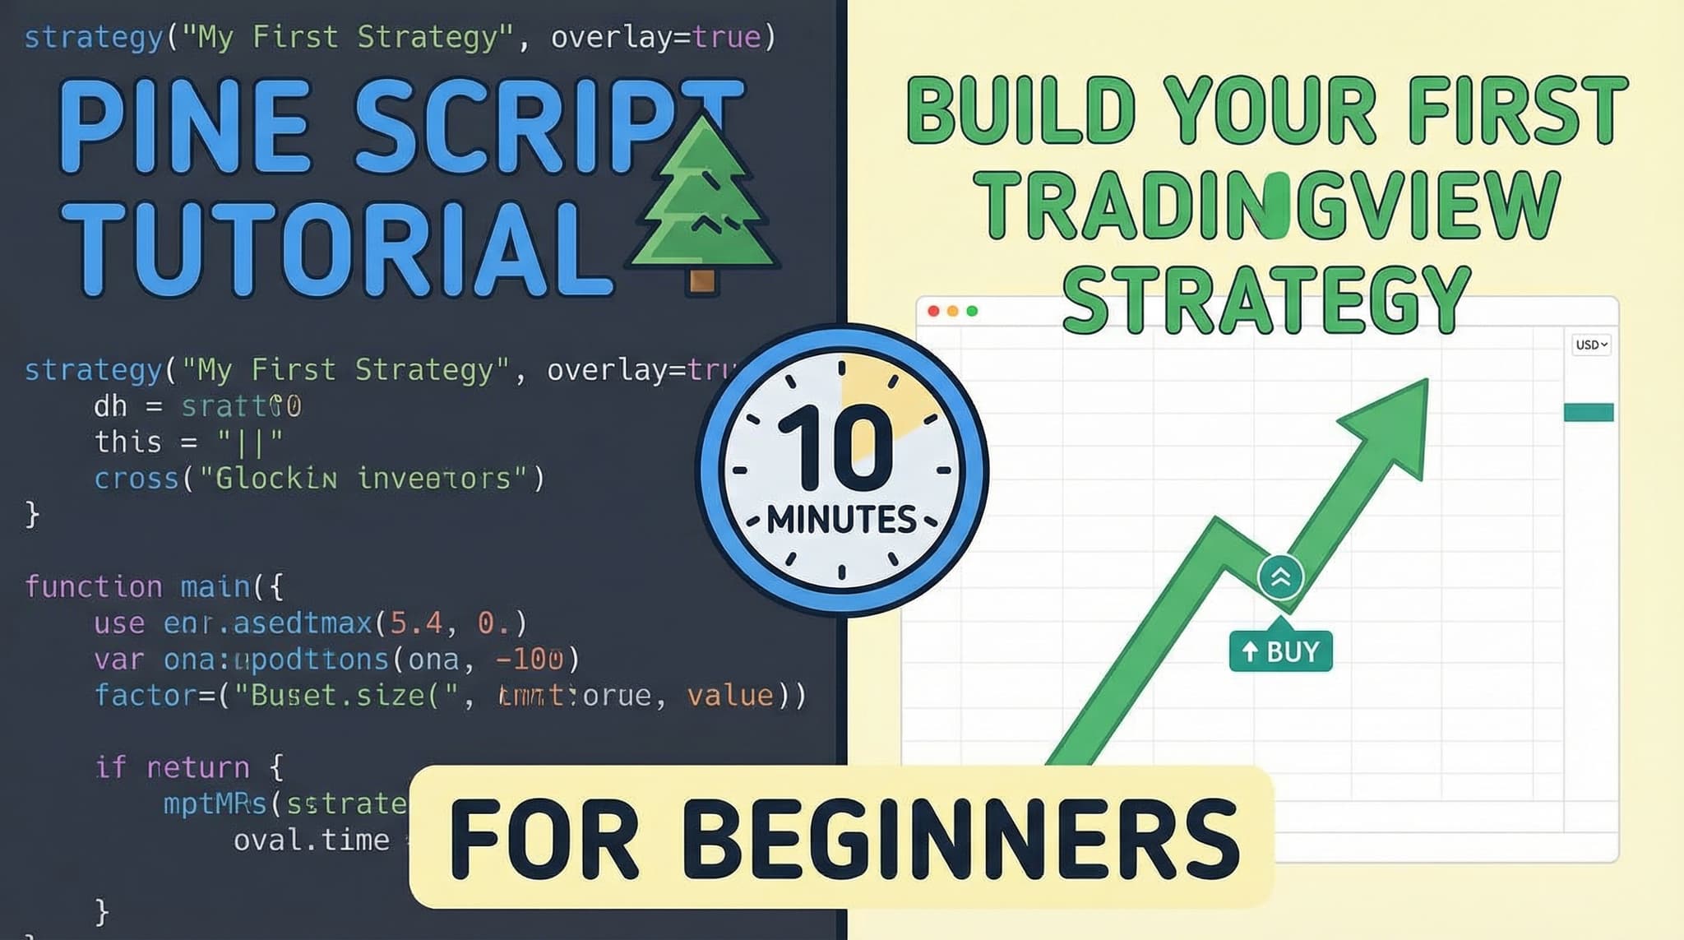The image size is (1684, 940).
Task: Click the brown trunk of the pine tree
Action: click(701, 281)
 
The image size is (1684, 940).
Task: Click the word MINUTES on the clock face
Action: click(841, 520)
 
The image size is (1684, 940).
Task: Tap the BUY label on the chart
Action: click(1280, 651)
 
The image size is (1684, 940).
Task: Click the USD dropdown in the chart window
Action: click(1591, 345)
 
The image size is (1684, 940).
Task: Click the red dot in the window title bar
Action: click(933, 311)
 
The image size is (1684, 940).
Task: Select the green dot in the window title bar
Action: click(973, 311)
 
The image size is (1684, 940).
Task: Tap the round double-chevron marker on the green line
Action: click(1280, 577)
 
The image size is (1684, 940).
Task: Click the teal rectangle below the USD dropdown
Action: click(1588, 412)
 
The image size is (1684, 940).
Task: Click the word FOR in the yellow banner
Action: click(544, 840)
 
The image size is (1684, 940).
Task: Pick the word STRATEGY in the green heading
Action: click(1265, 299)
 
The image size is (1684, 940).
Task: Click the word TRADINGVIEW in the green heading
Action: click(1265, 206)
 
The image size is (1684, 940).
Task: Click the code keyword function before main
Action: click(94, 587)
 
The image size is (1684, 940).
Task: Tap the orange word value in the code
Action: click(730, 696)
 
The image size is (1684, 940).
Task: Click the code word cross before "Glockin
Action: click(136, 479)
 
